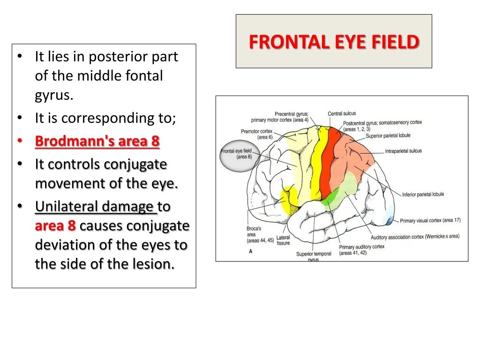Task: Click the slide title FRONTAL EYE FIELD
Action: click(x=334, y=42)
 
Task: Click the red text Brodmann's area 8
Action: click(x=97, y=141)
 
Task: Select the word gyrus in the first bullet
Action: click(x=53, y=95)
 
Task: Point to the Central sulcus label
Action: click(x=342, y=113)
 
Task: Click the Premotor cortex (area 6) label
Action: click(x=256, y=134)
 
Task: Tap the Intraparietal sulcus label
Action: click(x=403, y=151)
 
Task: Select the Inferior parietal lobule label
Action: click(x=423, y=194)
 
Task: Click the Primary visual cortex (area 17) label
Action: click(x=430, y=220)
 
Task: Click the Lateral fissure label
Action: click(x=283, y=240)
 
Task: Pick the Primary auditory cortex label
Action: click(x=361, y=249)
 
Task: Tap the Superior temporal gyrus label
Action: click(x=314, y=256)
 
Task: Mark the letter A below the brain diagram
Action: click(x=251, y=251)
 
